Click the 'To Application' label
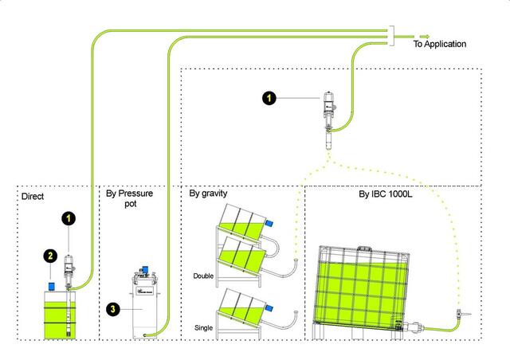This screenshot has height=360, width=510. tap(439, 45)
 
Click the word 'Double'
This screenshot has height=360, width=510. tap(204, 276)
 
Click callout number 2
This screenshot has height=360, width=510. tap(49, 256)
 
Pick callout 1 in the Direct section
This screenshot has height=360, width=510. tap(69, 217)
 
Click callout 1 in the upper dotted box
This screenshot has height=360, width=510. tap(270, 98)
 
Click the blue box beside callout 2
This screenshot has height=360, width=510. tap(49, 284)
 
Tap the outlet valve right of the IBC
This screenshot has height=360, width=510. tap(459, 317)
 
